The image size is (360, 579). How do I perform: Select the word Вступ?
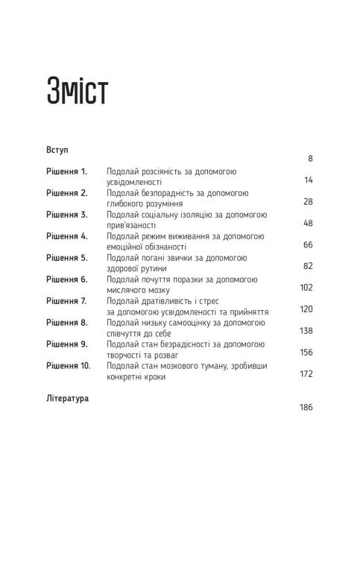coord(57,149)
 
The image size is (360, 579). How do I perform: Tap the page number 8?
coord(309,159)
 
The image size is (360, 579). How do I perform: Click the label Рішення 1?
coord(66,171)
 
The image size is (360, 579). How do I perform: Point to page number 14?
coord(308,180)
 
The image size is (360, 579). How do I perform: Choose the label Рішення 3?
coord(67,214)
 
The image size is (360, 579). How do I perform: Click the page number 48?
coord(308,223)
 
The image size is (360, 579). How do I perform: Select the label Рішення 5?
coord(67,257)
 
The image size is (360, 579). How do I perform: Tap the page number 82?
coord(308,266)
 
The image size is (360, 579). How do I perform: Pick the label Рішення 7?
coord(67,300)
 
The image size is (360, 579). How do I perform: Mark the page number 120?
coord(306,309)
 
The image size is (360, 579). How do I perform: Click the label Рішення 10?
coord(69,366)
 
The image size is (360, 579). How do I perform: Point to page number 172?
coord(306,373)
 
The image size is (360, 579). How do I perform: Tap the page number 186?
coord(306,407)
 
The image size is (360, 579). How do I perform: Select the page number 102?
coord(306,288)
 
